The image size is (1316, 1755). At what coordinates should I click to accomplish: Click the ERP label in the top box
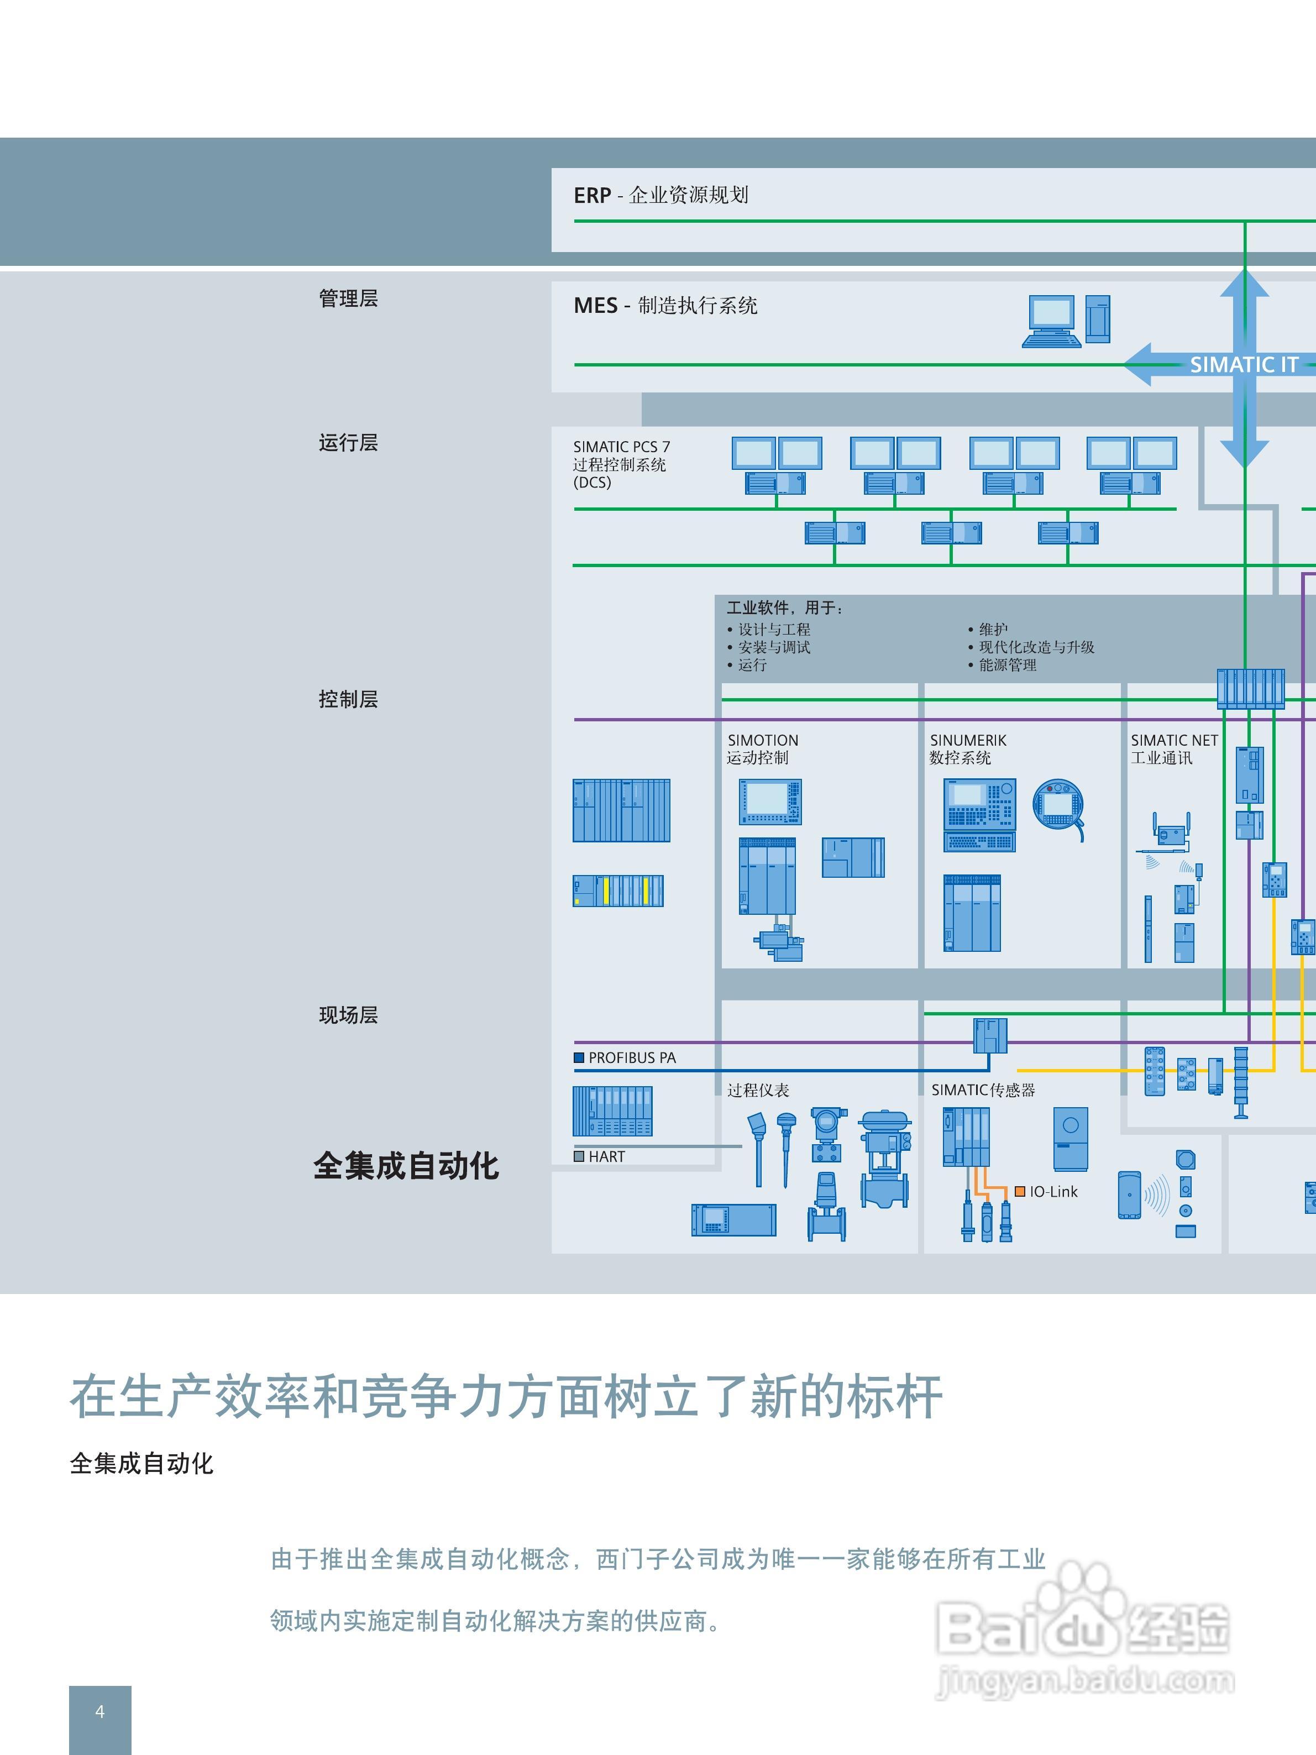[x=592, y=195]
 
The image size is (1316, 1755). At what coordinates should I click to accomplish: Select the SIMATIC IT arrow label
[x=1243, y=365]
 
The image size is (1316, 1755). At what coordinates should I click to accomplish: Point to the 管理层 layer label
[x=348, y=298]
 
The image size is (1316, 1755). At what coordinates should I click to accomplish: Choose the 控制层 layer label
[x=348, y=699]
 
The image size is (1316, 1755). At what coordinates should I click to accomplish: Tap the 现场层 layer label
[x=348, y=1015]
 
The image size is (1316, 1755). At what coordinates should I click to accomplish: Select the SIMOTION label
[x=762, y=740]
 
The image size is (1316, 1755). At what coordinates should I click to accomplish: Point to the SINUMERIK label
[x=968, y=740]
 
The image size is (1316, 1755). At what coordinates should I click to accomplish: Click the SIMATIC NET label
[x=1174, y=740]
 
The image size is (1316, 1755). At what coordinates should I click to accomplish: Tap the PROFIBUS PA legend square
[x=579, y=1057]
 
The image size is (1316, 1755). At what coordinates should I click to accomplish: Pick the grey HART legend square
[x=579, y=1157]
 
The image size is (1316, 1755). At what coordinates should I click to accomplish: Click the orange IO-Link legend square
[x=1020, y=1192]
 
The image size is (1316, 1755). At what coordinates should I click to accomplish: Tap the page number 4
[x=100, y=1711]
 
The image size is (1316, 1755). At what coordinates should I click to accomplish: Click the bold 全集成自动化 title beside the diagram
[x=406, y=1166]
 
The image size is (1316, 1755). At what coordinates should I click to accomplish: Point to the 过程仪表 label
[x=758, y=1090]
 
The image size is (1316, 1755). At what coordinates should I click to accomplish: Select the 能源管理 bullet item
[x=1008, y=665]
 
